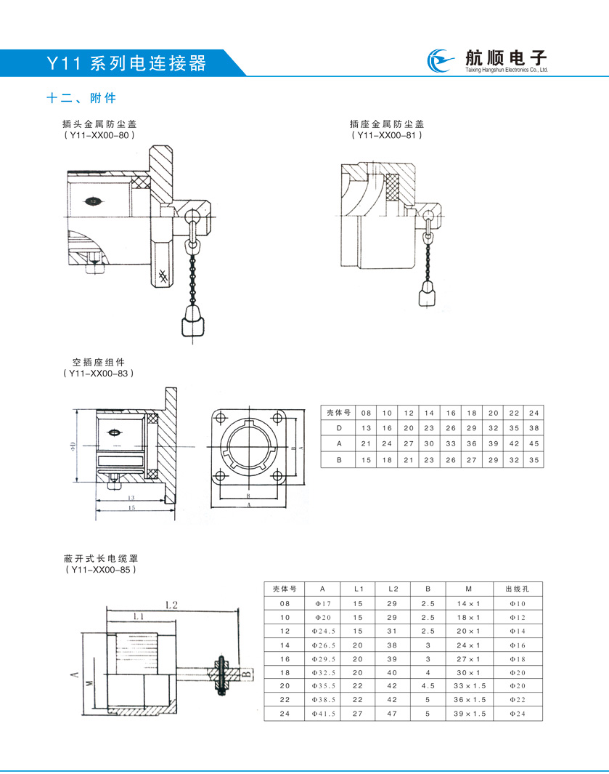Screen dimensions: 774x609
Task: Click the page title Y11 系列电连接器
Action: click(x=126, y=63)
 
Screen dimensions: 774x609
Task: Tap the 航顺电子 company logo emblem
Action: click(x=440, y=62)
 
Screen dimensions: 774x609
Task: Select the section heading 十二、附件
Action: click(x=81, y=98)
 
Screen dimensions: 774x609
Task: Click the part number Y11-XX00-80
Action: click(x=99, y=135)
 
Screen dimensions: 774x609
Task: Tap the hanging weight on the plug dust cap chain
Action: click(x=191, y=321)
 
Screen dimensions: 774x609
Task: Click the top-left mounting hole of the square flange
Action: click(x=221, y=418)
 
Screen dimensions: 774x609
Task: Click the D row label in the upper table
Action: click(x=338, y=428)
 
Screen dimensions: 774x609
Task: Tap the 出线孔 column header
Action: click(x=516, y=589)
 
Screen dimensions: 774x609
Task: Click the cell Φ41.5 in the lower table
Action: click(x=324, y=714)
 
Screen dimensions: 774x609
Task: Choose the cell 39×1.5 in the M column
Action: click(x=469, y=714)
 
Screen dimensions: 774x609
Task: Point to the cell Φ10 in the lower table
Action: click(x=516, y=603)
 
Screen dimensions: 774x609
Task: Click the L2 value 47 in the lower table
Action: click(x=393, y=714)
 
